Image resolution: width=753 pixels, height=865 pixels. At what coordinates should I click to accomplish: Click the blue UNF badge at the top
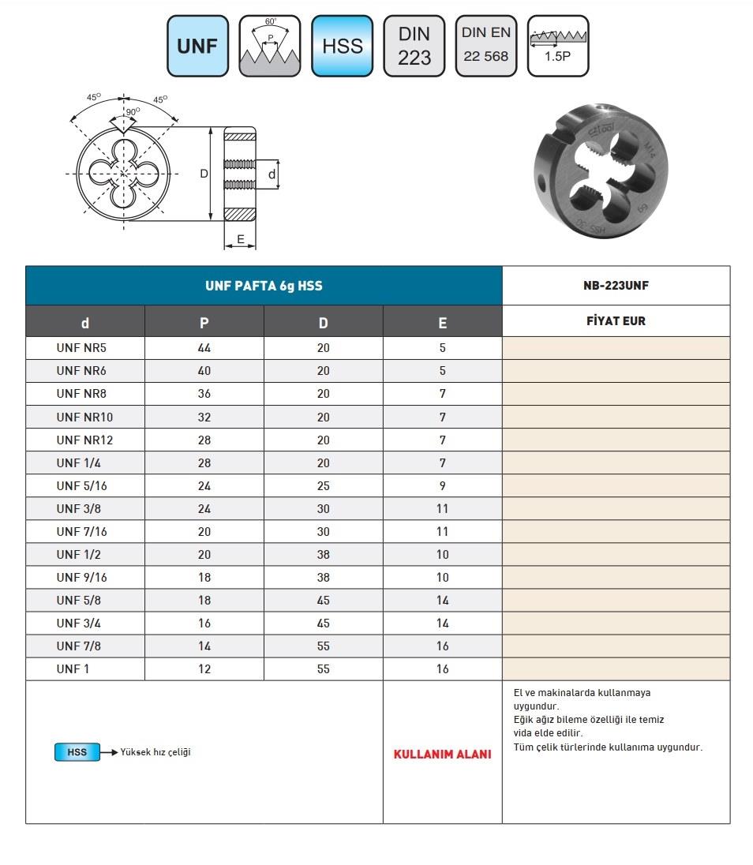[x=197, y=46]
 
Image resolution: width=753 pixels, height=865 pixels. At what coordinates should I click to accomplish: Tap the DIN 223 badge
[x=414, y=46]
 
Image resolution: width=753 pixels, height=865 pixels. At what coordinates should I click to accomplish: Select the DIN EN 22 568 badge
[x=486, y=46]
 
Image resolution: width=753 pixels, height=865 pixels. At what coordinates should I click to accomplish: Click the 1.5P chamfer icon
[x=557, y=46]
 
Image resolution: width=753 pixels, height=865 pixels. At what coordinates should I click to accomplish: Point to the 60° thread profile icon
[x=270, y=46]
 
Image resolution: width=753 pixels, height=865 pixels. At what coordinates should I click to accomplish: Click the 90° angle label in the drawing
[x=132, y=111]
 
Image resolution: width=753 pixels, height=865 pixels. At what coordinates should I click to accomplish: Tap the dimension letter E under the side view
[x=240, y=238]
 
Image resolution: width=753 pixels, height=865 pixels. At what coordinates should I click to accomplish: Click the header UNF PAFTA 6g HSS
[x=264, y=286]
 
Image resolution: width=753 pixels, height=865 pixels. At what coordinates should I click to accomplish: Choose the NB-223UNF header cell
[x=616, y=286]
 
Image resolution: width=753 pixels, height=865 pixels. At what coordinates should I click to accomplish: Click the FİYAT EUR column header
[x=616, y=322]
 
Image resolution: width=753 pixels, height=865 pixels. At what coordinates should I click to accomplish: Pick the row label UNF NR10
[x=85, y=417]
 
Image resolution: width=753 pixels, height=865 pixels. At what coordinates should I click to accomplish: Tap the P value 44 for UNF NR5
[x=204, y=348]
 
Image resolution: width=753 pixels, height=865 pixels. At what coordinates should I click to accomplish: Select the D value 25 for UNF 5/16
[x=323, y=486]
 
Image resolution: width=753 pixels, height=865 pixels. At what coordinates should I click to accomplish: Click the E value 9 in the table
[x=442, y=486]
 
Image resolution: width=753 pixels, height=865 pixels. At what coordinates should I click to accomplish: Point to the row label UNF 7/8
[x=79, y=646]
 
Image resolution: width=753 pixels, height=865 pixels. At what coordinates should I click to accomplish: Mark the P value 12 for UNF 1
[x=204, y=669]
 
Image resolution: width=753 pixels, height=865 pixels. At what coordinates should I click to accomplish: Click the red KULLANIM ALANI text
[x=442, y=755]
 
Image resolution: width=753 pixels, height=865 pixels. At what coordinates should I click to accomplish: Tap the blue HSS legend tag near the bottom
[x=77, y=752]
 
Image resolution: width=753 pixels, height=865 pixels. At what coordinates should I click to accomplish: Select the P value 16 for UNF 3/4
[x=204, y=623]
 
